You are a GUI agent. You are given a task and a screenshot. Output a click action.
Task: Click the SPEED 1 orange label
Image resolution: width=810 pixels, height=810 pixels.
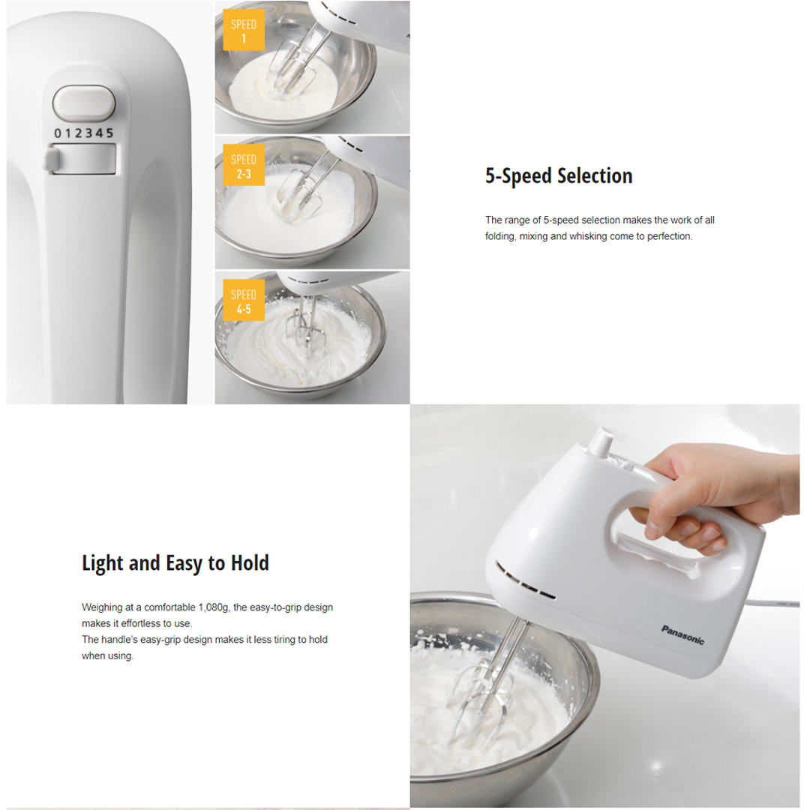(244, 31)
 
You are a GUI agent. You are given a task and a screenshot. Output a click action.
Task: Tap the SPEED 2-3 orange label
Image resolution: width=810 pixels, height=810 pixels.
(244, 166)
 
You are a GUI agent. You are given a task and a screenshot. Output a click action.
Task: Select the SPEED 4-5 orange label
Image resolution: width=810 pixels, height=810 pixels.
(244, 301)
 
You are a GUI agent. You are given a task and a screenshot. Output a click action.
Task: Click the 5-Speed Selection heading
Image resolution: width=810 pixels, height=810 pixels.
(559, 176)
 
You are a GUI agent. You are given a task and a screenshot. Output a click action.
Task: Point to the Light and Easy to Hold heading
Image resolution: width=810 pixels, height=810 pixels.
(175, 563)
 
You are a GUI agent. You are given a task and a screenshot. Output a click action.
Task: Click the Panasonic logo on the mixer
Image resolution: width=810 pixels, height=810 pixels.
(682, 634)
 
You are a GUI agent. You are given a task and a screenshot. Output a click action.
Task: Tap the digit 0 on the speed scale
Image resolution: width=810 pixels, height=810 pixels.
(57, 133)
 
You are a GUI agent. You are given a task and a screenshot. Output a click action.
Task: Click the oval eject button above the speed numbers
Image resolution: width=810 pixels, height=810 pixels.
(84, 103)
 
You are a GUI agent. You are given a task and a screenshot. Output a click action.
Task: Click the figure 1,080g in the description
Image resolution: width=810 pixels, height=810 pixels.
(212, 607)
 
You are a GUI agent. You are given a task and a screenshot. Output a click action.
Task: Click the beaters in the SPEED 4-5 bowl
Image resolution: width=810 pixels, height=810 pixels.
(306, 330)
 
